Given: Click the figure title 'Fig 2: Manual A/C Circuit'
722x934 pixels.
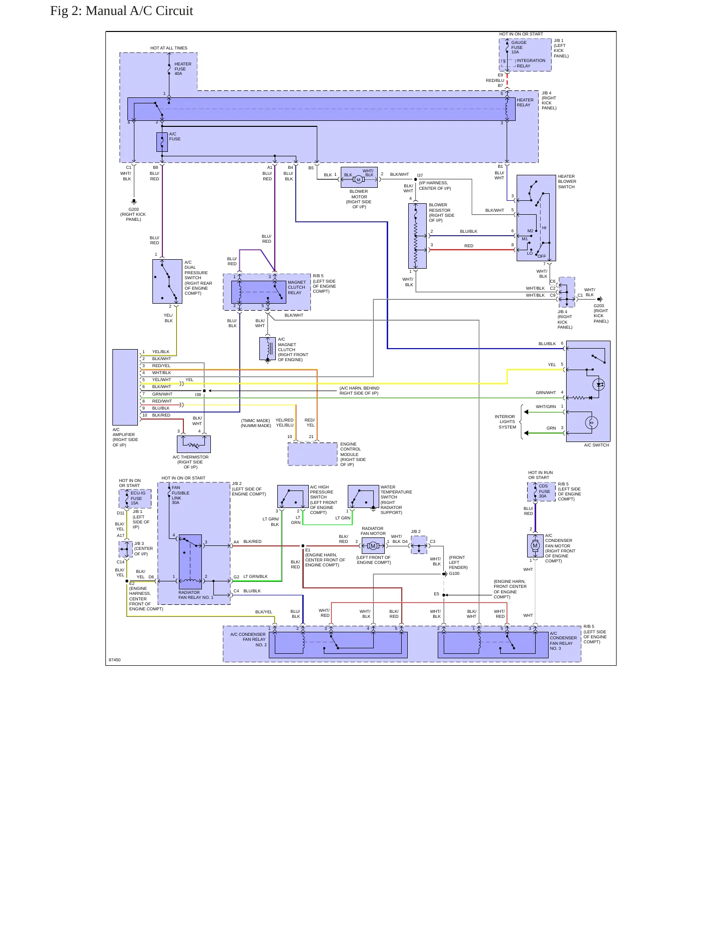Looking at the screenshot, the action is click(x=121, y=11).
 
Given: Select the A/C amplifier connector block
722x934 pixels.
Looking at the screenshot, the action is click(x=125, y=387).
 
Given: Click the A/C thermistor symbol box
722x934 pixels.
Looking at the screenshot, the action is click(x=194, y=444).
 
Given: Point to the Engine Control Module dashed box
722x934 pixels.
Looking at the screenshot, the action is click(x=313, y=454).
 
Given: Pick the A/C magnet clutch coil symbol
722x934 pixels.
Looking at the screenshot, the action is click(x=267, y=349).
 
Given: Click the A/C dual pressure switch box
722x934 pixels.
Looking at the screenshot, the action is click(x=167, y=281).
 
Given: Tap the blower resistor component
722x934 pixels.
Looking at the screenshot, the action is click(x=417, y=236).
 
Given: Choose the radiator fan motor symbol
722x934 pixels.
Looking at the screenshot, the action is click(x=373, y=546).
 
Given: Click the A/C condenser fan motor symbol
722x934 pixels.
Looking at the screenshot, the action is click(x=535, y=546).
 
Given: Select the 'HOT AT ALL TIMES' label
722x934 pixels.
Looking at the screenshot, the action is click(x=169, y=48).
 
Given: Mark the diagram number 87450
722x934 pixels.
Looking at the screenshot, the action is click(x=115, y=660).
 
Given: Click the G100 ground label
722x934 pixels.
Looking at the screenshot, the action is click(x=454, y=573).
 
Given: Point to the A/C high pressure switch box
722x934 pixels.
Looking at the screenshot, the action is click(x=293, y=497).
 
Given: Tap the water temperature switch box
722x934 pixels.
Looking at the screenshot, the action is click(x=363, y=497).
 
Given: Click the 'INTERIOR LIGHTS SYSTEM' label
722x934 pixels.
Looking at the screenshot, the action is click(x=506, y=422).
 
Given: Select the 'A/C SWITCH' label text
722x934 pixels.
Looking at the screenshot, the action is click(x=597, y=445).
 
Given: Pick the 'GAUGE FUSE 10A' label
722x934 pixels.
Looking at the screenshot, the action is click(x=519, y=47).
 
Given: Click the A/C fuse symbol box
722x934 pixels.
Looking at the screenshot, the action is click(x=162, y=142).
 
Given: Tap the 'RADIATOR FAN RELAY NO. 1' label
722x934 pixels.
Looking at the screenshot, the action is click(x=196, y=595).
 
